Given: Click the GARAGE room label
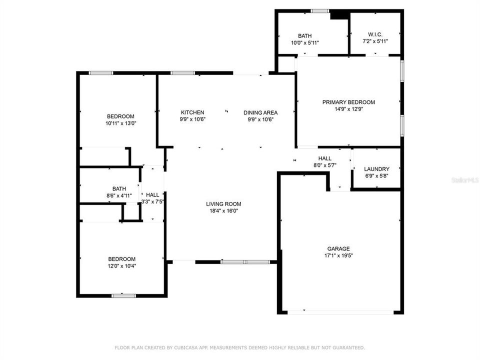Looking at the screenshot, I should click(x=338, y=248).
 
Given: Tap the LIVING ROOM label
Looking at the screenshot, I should click(x=223, y=203).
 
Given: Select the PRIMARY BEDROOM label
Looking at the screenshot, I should click(x=348, y=102).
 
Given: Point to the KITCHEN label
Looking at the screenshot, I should click(x=192, y=112).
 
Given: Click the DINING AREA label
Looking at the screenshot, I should click(x=260, y=112).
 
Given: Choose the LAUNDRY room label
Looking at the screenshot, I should click(x=376, y=169).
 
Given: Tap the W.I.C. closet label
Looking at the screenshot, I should click(x=375, y=34).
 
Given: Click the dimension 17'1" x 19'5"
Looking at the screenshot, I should click(x=338, y=255).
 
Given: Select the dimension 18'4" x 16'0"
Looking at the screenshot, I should click(x=223, y=210).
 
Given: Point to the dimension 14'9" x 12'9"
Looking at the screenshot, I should click(x=348, y=109).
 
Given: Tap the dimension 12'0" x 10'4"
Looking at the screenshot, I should click(x=122, y=265).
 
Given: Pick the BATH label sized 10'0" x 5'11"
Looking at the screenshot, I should click(x=304, y=35).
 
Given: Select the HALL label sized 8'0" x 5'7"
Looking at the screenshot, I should click(x=325, y=158).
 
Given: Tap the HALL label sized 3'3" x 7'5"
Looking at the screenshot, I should click(x=152, y=194).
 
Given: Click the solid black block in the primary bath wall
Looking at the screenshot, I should click(x=339, y=15).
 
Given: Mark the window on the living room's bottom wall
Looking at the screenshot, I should click(x=245, y=261).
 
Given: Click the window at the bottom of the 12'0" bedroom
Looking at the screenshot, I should click(x=123, y=295).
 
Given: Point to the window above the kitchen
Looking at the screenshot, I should click(x=182, y=73).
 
